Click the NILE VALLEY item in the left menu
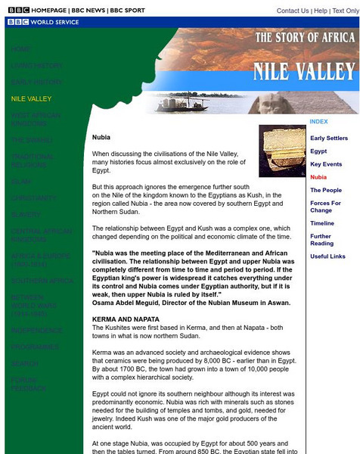[31, 98]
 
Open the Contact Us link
[293, 11]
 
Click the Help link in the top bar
[321, 11]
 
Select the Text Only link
[346, 11]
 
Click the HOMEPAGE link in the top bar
[45, 11]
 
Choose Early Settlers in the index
[329, 138]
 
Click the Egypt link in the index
[318, 151]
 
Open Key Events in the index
[326, 164]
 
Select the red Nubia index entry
[318, 177]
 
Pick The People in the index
[326, 190]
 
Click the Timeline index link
[322, 223]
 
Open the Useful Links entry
[327, 257]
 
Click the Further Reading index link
[321, 240]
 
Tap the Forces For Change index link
[325, 207]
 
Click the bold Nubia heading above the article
[101, 137]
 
